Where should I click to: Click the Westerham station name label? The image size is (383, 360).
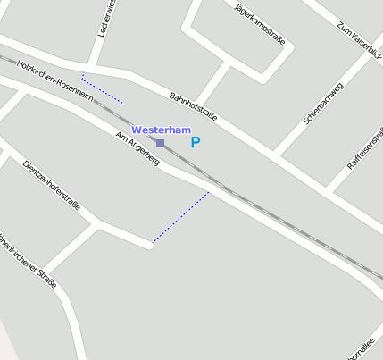point(162,130)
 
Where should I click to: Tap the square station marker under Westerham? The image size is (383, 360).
point(161,143)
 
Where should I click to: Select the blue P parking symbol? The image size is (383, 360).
point(196,142)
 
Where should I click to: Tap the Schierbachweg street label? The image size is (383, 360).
point(323,103)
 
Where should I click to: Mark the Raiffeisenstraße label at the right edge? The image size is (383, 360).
point(365,149)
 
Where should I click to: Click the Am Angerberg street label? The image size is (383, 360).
point(137,149)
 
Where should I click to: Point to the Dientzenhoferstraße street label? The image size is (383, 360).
point(52,186)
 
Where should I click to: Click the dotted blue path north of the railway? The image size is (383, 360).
point(102,88)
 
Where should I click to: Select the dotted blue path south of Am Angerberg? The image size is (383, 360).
point(181,216)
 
